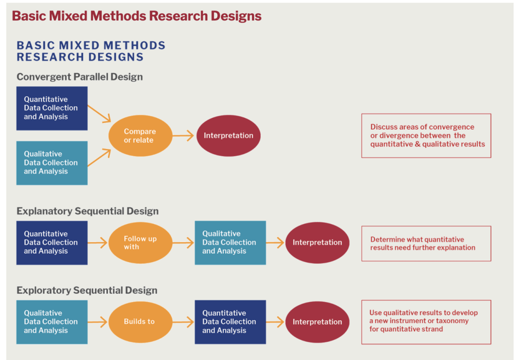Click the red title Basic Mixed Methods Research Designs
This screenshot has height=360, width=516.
137,16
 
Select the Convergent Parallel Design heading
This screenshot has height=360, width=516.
80,77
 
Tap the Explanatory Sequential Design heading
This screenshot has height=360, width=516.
88,211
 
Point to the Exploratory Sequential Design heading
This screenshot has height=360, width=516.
87,291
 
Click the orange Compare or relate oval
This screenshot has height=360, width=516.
141,135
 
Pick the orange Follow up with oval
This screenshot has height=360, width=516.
141,243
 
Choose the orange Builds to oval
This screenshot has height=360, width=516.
141,322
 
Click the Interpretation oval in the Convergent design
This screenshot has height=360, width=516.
228,135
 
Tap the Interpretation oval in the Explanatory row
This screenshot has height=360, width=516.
317,243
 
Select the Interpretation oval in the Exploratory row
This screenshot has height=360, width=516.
317,322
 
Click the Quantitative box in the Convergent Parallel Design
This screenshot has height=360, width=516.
52,108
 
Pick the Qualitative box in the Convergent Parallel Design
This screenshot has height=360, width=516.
52,163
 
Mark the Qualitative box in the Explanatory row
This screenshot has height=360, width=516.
230,243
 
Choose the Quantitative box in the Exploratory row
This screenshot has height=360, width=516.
230,322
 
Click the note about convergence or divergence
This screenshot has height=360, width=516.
426,135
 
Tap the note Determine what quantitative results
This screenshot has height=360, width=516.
426,243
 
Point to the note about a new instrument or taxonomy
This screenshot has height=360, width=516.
426,322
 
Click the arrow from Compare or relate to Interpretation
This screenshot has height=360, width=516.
183,135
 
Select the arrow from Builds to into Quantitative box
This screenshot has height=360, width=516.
183,322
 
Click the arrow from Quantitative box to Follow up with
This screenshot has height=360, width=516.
98,243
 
